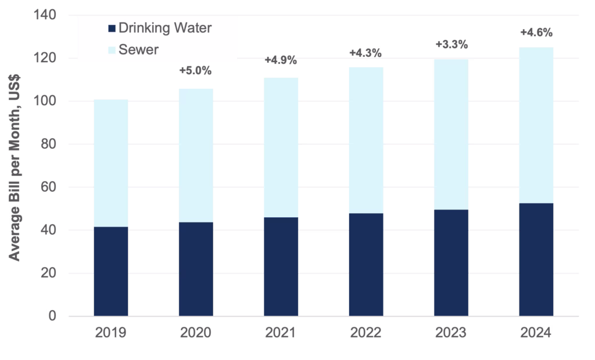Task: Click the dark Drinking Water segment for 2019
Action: [111, 271]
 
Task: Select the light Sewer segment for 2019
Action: [111, 163]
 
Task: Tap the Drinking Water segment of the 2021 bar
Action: [281, 267]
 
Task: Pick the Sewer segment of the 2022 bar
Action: [366, 140]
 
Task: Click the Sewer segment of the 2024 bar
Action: [536, 125]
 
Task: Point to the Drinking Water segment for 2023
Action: [451, 262]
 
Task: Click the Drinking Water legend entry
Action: [161, 27]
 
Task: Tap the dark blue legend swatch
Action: [112, 27]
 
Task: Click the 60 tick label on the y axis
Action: [49, 188]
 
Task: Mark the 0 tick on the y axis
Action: [53, 316]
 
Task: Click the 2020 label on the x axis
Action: [196, 334]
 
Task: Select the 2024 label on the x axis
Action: [536, 334]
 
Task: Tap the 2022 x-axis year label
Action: [366, 334]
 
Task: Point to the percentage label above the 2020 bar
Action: [196, 71]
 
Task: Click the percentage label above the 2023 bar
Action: [451, 44]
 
